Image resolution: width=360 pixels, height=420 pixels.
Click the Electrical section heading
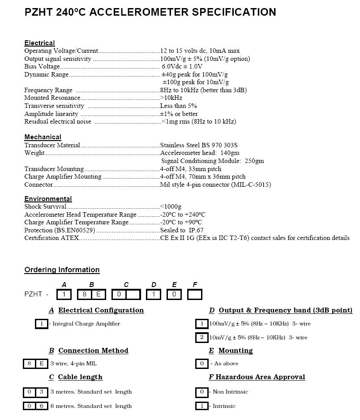pos(39,43)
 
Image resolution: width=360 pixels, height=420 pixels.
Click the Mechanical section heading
pos(43,137)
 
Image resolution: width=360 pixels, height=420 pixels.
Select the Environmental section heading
pos(48,199)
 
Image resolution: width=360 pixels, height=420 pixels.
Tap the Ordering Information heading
pos(62,270)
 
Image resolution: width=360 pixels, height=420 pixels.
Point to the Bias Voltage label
pos(42,67)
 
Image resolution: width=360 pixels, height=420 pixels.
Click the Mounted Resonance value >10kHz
pos(171,98)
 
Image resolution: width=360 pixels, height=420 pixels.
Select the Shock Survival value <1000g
pos(171,207)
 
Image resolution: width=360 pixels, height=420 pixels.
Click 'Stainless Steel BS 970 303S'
pos(199,145)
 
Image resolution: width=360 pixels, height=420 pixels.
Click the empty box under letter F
pos(195,294)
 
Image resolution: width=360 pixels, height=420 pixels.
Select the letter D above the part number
pos(154,285)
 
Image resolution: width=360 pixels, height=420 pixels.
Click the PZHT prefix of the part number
pos(33,294)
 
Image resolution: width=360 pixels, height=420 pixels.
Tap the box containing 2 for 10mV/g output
pos(202,337)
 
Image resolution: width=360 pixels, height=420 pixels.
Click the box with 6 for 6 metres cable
pos(41,406)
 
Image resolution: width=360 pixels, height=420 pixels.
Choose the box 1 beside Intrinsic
pos(202,406)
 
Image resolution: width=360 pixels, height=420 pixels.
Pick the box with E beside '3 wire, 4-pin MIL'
pos(41,364)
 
